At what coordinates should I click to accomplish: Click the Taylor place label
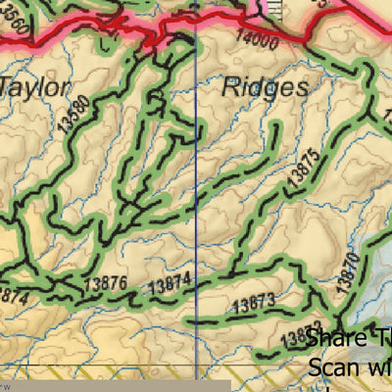(34, 87)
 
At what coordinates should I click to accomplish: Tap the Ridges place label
(265, 86)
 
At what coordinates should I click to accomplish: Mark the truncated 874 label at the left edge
(12, 292)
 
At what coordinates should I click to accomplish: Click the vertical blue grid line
(197, 196)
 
